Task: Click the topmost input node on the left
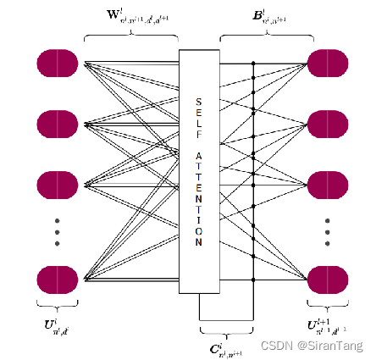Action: (58, 64)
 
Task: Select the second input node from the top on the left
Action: (58, 124)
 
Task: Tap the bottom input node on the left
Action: (58, 280)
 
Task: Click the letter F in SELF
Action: (198, 138)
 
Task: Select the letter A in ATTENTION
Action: (198, 156)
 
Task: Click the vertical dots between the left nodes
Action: (58, 232)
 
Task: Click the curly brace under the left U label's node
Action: (57, 310)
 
